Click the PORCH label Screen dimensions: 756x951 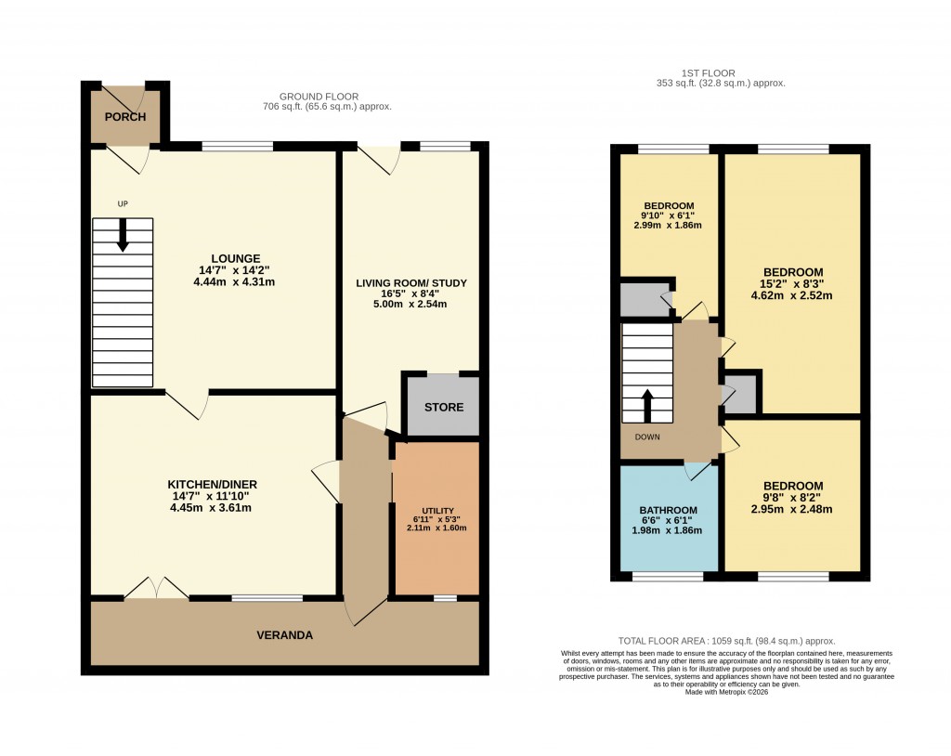[124, 117]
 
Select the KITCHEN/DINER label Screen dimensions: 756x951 [212, 485]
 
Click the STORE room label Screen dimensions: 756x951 [443, 408]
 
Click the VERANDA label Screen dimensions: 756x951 [285, 635]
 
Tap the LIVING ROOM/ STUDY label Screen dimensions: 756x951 [411, 283]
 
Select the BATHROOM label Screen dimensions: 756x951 [668, 510]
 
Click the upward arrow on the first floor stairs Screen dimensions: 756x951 [647, 405]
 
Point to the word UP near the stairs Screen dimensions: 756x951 [122, 203]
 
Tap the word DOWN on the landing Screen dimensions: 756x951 [648, 436]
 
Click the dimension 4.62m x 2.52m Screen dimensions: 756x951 [792, 297]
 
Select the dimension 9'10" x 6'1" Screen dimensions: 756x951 [669, 215]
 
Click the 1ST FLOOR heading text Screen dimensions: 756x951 [720, 72]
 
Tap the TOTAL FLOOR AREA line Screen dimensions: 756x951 [726, 641]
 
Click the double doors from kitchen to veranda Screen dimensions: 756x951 [156, 588]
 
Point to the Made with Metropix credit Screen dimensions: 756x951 [726, 692]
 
